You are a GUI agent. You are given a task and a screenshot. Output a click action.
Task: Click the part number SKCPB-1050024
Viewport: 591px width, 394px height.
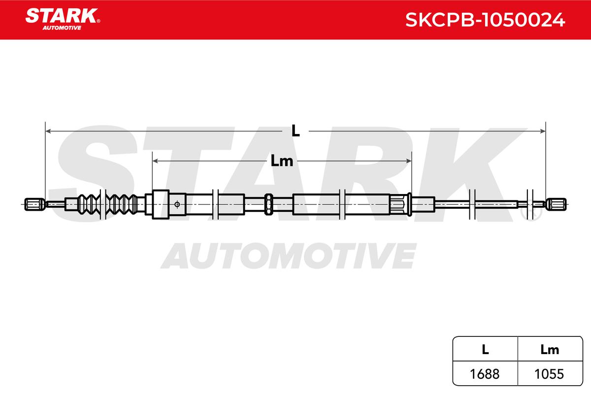point(485,20)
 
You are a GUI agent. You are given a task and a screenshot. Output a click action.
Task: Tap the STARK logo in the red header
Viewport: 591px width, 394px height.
point(63,19)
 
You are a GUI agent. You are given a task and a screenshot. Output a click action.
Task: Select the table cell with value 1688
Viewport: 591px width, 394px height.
point(485,374)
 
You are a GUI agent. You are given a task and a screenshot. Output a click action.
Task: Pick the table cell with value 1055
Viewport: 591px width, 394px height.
point(549,374)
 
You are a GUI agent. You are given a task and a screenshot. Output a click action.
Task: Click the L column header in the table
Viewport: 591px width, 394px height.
point(485,349)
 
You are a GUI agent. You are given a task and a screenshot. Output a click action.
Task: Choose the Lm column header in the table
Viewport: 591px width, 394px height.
point(550,349)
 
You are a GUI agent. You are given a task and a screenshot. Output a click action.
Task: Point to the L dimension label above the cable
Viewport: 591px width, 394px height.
point(295,131)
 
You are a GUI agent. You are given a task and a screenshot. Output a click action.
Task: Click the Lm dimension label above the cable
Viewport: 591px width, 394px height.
point(282,161)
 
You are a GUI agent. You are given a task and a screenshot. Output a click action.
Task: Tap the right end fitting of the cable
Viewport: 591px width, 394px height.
point(556,204)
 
